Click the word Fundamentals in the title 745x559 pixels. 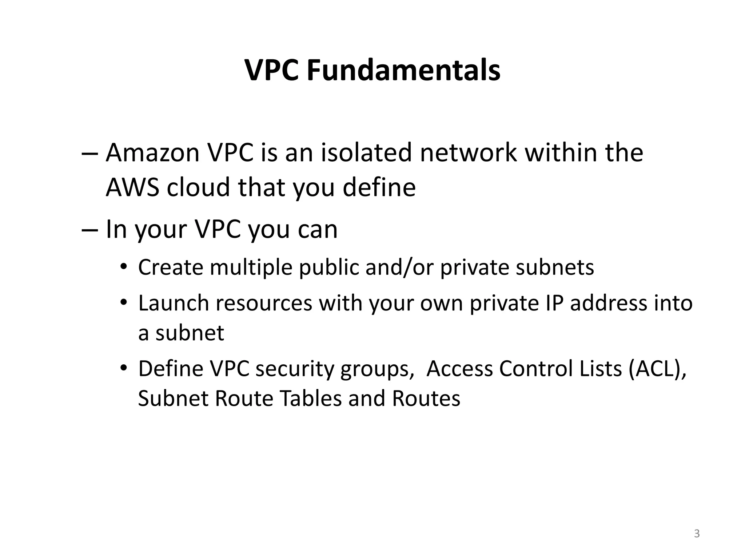pos(403,70)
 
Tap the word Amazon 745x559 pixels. pos(152,152)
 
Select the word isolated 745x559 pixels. pos(366,152)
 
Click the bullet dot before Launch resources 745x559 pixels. pos(124,303)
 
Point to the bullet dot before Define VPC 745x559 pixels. pos(124,369)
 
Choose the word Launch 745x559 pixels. pos(174,303)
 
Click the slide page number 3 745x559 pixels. pos(697,534)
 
